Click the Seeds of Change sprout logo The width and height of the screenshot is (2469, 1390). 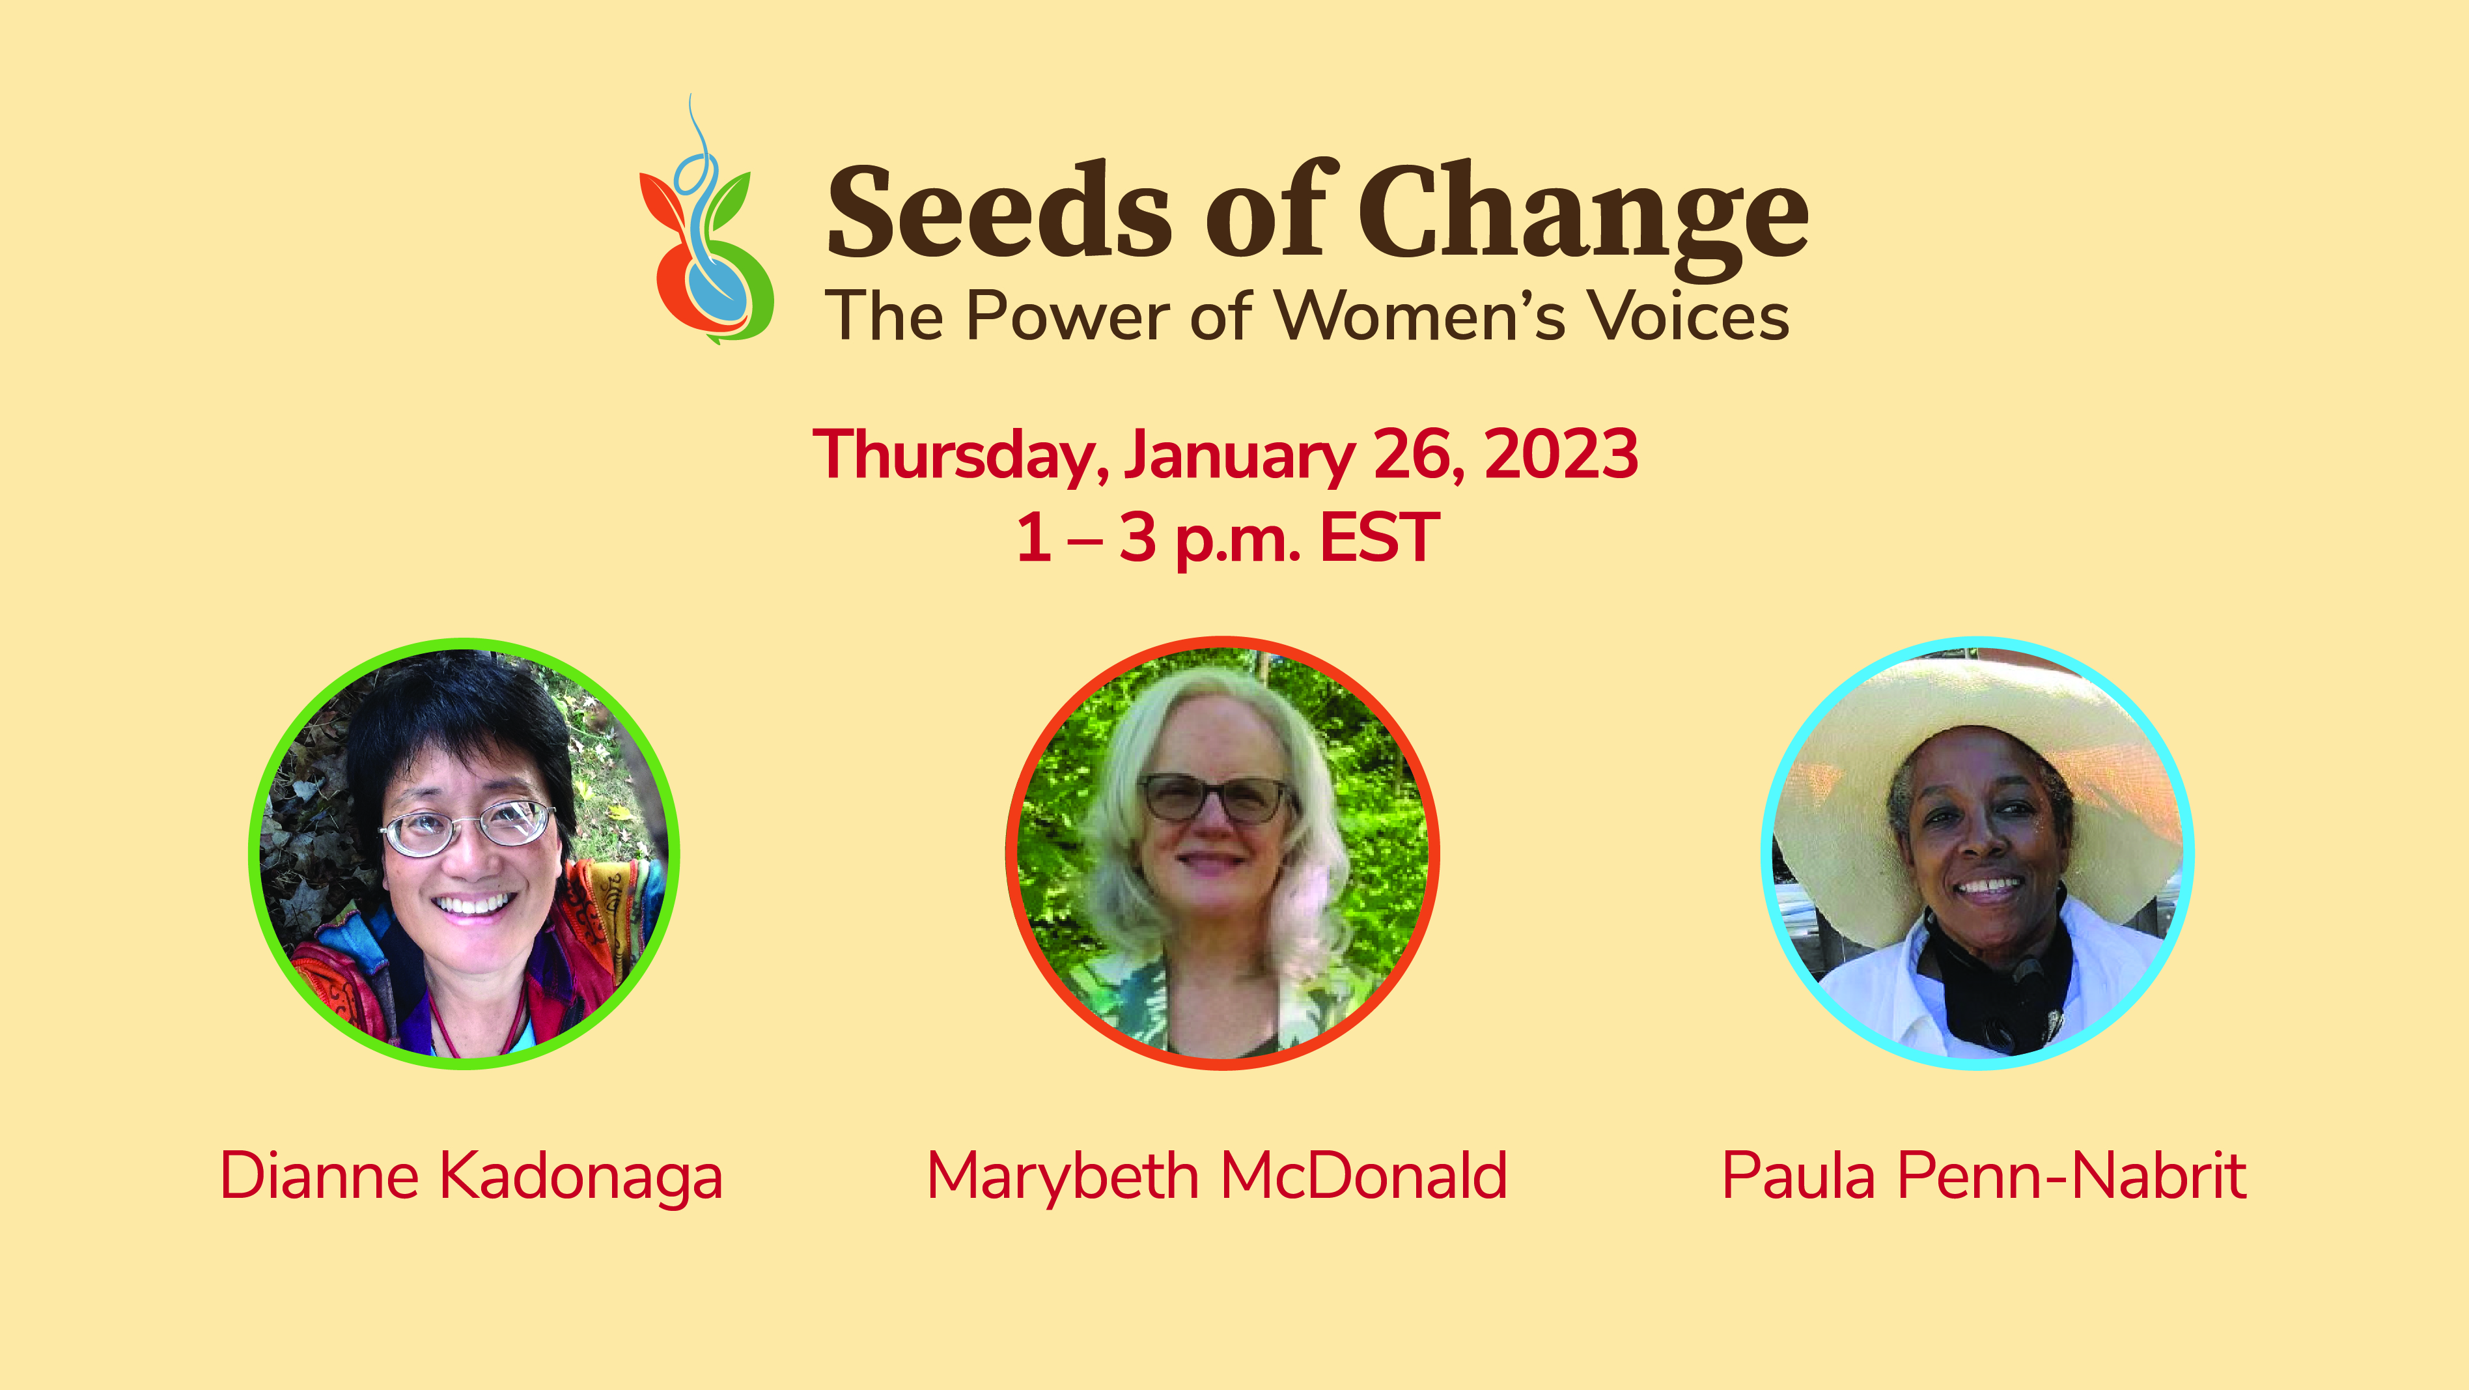tap(706, 220)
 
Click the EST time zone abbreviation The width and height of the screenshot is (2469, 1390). tap(1380, 538)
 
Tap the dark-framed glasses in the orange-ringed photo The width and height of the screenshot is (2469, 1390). tap(1216, 797)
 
